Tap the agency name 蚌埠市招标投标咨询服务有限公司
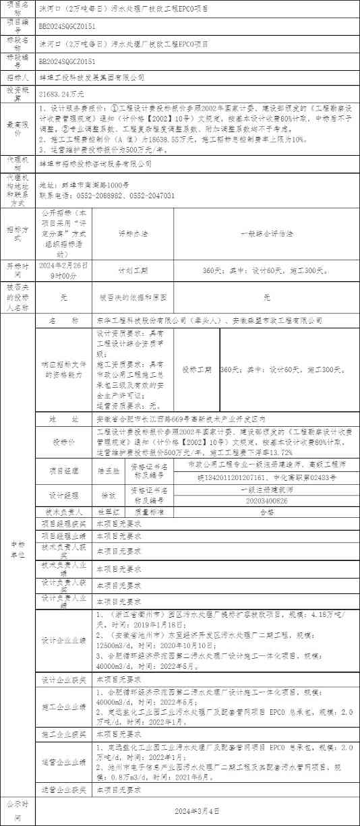point(95,163)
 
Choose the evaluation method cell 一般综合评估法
point(266,233)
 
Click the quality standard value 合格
point(267,511)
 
